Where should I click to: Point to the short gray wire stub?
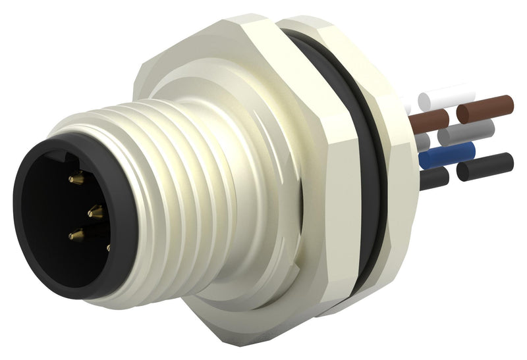click(x=423, y=140)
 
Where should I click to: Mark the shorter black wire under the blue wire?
click(x=435, y=176)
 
